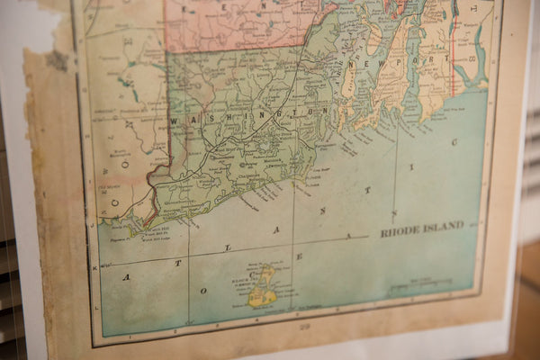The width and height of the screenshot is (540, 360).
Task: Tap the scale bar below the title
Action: coord(421,284)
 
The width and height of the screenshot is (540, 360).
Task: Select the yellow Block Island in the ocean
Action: coord(262,287)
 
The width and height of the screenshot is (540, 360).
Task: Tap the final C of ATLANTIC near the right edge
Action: coord(455,141)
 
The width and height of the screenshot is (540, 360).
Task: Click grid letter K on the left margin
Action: coord(94,267)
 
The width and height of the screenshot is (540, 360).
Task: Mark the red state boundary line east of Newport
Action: coord(454,54)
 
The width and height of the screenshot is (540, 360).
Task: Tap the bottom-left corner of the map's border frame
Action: coord(93,341)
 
